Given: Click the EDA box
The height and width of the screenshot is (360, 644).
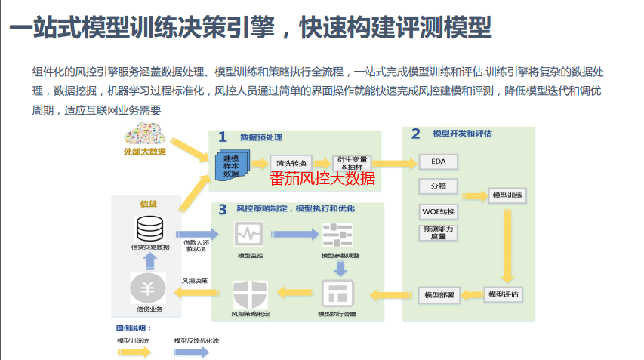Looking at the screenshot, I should pyautogui.click(x=439, y=162).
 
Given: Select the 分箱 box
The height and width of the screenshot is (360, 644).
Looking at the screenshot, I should pyautogui.click(x=439, y=186).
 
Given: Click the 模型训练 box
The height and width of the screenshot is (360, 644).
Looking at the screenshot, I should pyautogui.click(x=507, y=195).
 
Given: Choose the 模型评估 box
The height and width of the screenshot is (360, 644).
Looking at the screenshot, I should pyautogui.click(x=503, y=294).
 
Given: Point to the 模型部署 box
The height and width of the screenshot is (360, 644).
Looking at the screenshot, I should pyautogui.click(x=439, y=294).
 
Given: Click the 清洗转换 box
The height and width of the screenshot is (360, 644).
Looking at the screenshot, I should pyautogui.click(x=291, y=162).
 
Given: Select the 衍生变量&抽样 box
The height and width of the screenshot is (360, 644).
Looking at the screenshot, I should pyautogui.click(x=353, y=163).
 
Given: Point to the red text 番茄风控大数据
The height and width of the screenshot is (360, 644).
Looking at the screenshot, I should pyautogui.click(x=322, y=179).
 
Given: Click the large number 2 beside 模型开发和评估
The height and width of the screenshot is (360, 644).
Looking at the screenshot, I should pyautogui.click(x=415, y=134).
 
